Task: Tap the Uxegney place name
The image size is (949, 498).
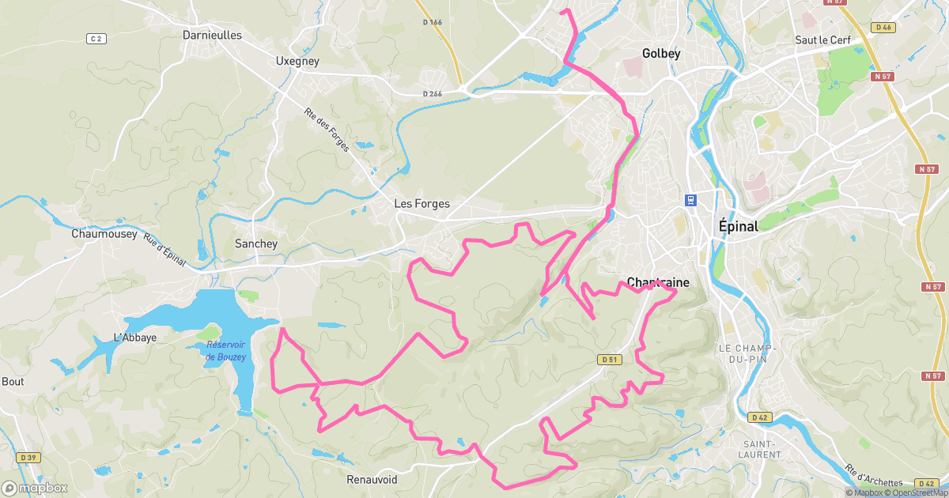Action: [x=297, y=60]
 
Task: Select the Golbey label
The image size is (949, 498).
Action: [x=661, y=54]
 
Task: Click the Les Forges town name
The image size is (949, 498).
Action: [x=422, y=204]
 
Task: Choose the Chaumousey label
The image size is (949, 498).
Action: [x=104, y=234]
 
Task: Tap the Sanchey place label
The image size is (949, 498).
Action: [x=256, y=243]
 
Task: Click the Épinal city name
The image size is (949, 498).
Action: [x=738, y=226]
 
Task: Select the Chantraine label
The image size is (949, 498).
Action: [x=658, y=282]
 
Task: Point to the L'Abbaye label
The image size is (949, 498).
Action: [x=135, y=338]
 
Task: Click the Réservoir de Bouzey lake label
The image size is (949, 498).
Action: [x=226, y=350]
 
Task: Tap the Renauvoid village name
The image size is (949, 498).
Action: [x=372, y=480]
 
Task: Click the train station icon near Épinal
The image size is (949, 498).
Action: [x=690, y=200]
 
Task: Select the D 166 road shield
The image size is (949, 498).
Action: [x=432, y=22]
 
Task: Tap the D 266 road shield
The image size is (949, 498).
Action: [x=432, y=94]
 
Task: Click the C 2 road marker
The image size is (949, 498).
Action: [x=96, y=38]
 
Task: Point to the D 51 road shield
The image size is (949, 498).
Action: [x=608, y=360]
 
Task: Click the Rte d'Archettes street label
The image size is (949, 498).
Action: [x=873, y=474]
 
